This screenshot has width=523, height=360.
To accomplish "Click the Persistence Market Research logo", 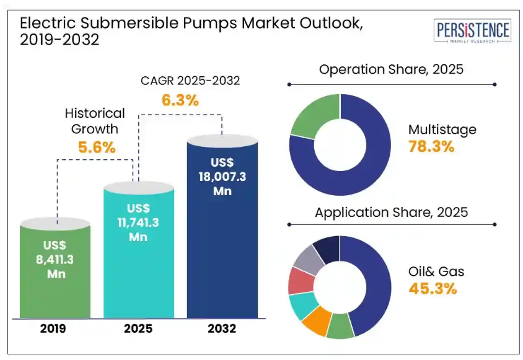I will (x=473, y=32).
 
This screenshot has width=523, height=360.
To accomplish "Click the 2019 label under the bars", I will (x=56, y=328).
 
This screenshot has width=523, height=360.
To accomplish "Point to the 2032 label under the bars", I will (x=222, y=328).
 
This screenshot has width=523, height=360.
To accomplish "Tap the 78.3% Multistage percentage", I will (x=431, y=147).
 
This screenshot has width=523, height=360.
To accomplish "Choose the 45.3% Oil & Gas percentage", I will (x=433, y=288).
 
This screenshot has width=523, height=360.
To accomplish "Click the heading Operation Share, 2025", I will (x=391, y=69).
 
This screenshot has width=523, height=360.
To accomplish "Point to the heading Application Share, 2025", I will (x=391, y=213).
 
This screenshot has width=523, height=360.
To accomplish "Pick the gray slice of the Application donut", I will (x=307, y=260).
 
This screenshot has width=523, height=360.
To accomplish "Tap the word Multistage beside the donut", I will (x=442, y=130).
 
